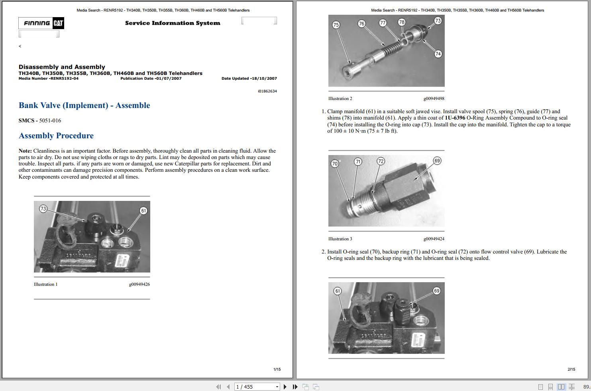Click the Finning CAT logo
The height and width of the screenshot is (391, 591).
tap(41, 23)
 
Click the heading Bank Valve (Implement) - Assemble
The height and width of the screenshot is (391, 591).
tap(84, 105)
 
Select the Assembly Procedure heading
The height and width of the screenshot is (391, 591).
tap(56, 136)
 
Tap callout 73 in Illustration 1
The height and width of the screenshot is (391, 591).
tap(43, 209)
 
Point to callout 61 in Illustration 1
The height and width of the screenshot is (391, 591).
tap(143, 210)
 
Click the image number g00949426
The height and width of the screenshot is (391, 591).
tap(139, 284)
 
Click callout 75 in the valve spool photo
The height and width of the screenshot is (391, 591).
tap(336, 25)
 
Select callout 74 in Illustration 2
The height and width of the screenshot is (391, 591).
tap(438, 54)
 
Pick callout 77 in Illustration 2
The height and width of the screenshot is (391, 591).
tap(383, 23)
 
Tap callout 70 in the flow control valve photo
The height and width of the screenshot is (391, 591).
tap(335, 163)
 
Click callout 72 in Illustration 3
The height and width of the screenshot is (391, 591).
tap(381, 161)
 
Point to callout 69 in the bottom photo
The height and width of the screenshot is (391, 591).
tap(437, 291)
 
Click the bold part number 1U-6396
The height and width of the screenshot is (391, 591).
tap(455, 118)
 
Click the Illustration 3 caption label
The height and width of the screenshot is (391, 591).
tap(340, 239)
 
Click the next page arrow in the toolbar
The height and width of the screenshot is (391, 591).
tap(285, 387)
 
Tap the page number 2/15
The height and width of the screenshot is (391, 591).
tap(571, 369)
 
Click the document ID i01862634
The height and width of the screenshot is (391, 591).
tap(267, 91)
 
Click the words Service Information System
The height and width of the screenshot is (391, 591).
tap(173, 23)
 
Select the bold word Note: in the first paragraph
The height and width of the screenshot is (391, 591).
tap(25, 151)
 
